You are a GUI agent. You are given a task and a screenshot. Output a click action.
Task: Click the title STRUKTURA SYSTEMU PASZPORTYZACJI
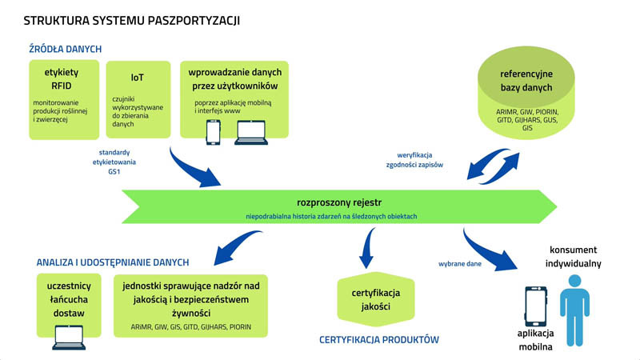pyautogui.click(x=131, y=18)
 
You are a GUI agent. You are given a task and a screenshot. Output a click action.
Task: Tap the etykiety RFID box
pyautogui.click(x=61, y=98)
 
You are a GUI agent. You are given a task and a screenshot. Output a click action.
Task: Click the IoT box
pyautogui.click(x=137, y=98)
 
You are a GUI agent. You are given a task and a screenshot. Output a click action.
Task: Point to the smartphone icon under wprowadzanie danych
pyautogui.click(x=214, y=130)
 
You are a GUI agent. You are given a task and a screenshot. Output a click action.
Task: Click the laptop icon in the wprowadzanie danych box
pyautogui.click(x=250, y=131)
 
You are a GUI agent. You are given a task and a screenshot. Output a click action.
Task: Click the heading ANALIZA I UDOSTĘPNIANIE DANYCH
pyautogui.click(x=112, y=262)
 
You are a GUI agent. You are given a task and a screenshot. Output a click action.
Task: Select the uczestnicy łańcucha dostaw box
pyautogui.click(x=69, y=300)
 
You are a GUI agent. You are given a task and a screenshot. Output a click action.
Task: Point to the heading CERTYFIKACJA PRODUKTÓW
pyautogui.click(x=379, y=339)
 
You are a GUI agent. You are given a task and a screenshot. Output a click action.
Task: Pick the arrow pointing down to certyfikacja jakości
pyautogui.click(x=367, y=247)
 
